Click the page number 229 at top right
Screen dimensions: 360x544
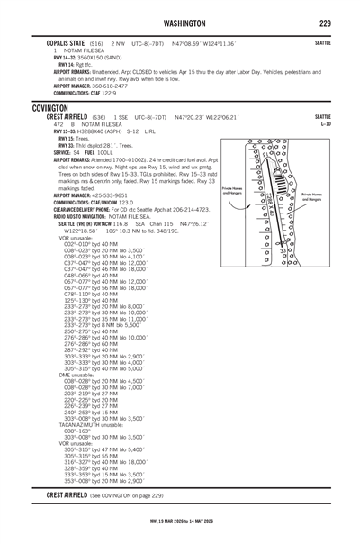point(325,23)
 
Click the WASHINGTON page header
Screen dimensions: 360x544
point(184,23)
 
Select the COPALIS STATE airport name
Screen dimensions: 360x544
point(66,43)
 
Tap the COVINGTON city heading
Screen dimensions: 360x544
point(49,108)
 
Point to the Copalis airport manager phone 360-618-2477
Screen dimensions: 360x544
point(110,86)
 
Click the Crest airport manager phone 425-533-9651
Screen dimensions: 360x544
point(110,195)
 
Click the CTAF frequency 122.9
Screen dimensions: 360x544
point(109,94)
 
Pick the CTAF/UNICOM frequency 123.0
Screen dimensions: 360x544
point(126,203)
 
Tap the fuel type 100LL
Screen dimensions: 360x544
point(105,152)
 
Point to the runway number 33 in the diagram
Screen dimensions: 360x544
point(283,250)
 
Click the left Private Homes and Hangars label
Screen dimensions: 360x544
point(232,191)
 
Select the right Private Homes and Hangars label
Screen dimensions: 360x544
point(311,197)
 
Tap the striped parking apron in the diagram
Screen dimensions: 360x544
point(279,181)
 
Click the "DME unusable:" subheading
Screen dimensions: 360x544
point(76,375)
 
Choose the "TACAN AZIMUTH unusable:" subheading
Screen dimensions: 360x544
point(91,425)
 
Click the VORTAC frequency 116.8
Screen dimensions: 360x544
point(121,224)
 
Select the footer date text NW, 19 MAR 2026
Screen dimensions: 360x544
point(166,521)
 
